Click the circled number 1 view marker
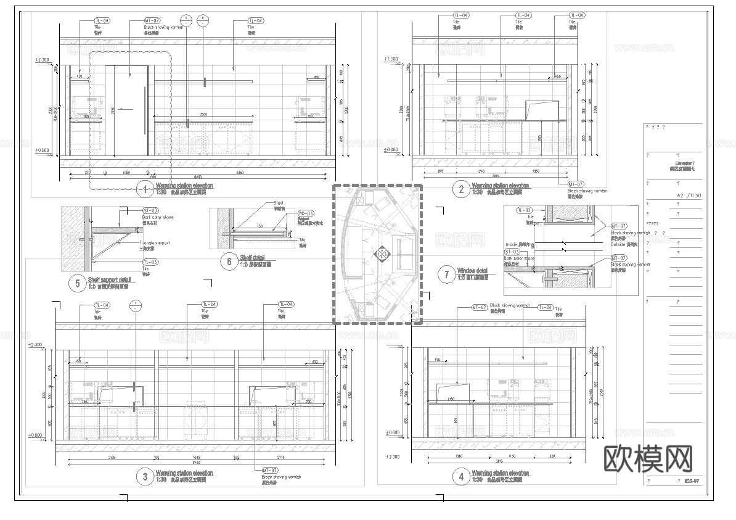(x=145, y=189)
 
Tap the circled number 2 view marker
(x=461, y=189)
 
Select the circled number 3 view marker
(x=145, y=476)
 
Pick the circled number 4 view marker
(x=461, y=476)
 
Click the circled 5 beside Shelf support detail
(x=78, y=284)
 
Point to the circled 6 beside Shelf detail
(x=229, y=262)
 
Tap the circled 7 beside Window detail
(x=447, y=274)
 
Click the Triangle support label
(x=155, y=243)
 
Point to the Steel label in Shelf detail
(x=279, y=202)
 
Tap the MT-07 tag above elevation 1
(x=152, y=20)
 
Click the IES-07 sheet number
(x=692, y=481)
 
